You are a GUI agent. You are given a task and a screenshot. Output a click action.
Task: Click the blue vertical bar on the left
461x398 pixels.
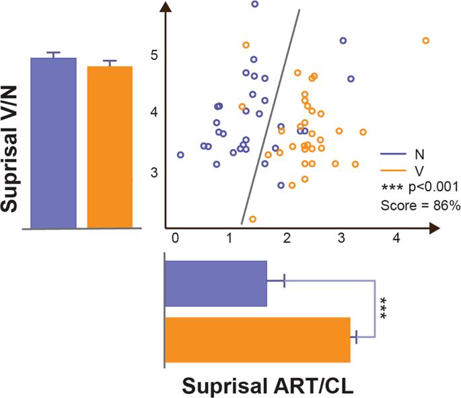(53, 143)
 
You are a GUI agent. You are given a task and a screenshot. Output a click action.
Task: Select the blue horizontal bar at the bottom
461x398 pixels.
(215, 283)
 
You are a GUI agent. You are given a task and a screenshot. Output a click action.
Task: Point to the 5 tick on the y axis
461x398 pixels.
(154, 55)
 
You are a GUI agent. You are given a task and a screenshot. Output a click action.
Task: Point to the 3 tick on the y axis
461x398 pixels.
(154, 172)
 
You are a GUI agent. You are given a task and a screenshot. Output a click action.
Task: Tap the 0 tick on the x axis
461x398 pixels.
(176, 238)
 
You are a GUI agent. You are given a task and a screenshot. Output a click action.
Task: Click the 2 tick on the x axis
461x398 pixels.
(287, 238)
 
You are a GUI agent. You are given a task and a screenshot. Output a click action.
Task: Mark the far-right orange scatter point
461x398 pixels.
(425, 41)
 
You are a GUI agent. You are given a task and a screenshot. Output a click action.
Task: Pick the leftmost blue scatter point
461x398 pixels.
(180, 155)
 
